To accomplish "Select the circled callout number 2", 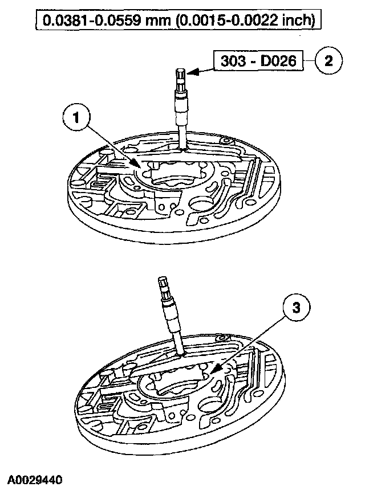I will [328, 61].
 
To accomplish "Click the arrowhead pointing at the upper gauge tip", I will [193, 72].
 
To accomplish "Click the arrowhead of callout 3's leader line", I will [212, 373].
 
